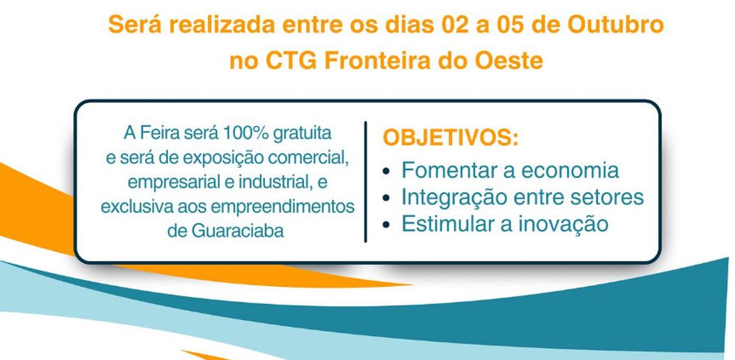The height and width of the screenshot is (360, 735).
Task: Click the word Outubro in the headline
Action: pos(616,25)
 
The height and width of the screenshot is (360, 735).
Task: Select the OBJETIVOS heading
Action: pos(451,138)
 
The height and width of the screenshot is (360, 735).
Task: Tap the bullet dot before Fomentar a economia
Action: pos(386,172)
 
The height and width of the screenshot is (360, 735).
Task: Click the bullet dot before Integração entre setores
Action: pos(386,198)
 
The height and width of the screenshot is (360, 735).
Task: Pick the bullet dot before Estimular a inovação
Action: pos(386,225)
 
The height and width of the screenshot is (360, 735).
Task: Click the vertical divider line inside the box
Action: pos(365,182)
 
